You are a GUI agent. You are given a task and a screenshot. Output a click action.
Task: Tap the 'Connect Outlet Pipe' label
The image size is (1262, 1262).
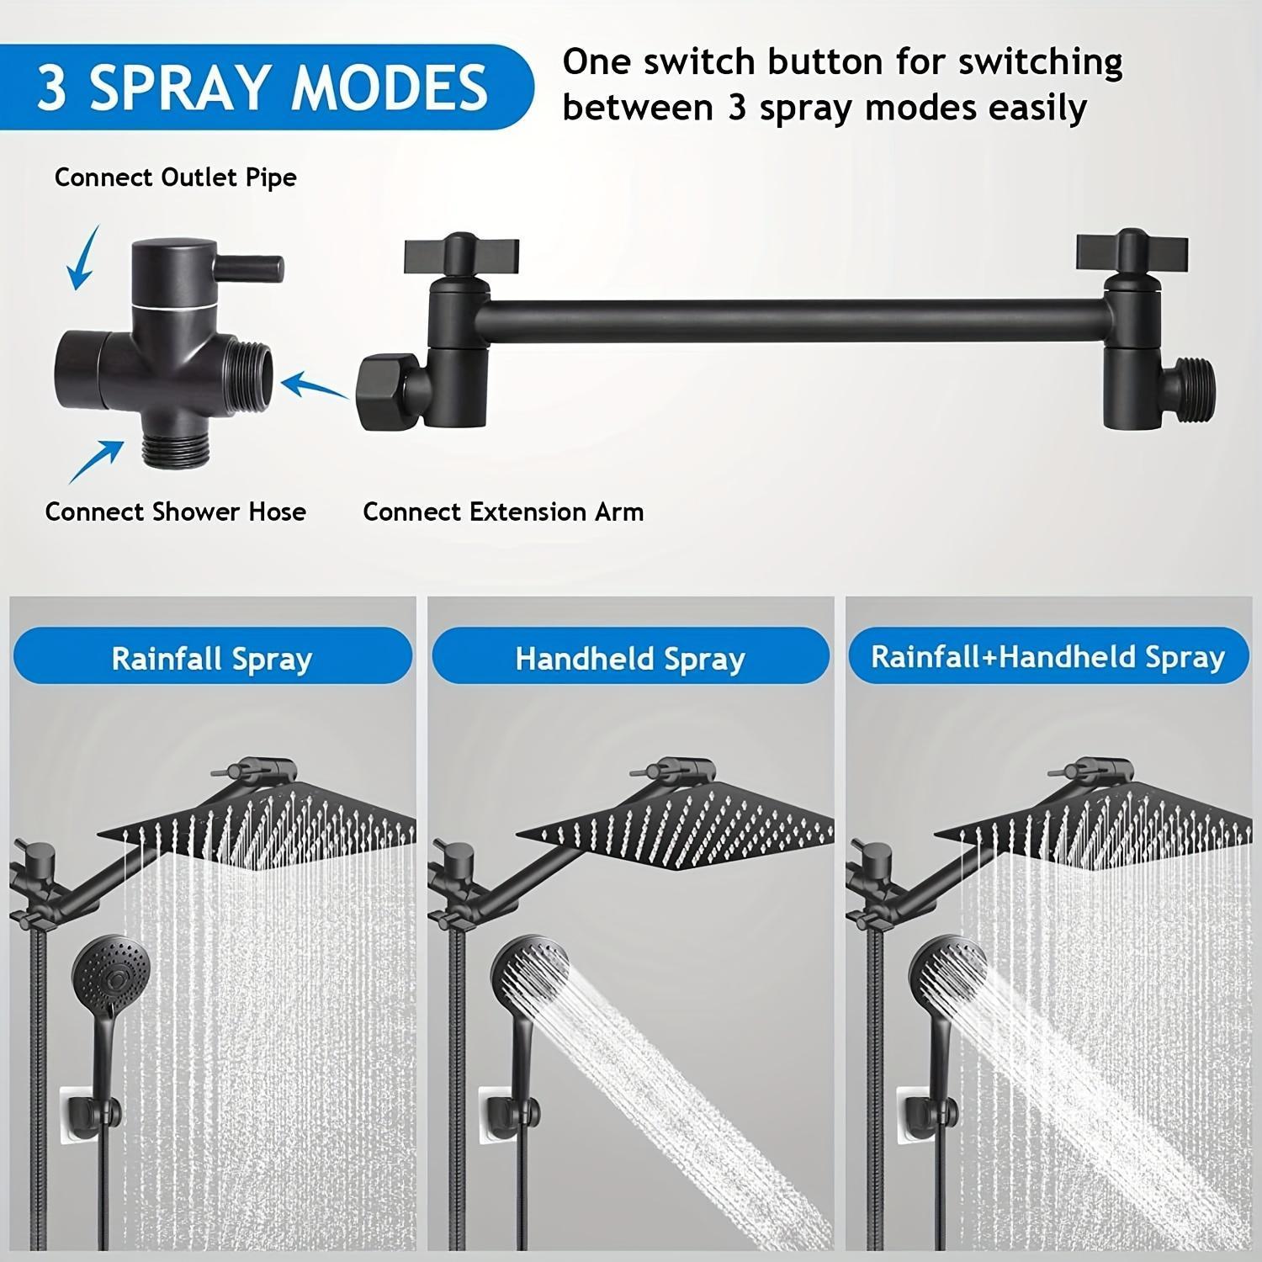pos(175,178)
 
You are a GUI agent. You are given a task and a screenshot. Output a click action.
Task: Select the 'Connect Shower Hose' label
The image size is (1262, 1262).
pos(175,512)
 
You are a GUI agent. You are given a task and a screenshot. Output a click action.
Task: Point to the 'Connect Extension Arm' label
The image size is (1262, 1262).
pos(503,512)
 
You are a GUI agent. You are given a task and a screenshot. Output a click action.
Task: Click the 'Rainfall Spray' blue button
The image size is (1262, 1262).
pos(211,658)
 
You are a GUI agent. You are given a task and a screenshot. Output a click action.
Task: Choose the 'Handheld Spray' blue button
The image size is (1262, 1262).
pos(630,658)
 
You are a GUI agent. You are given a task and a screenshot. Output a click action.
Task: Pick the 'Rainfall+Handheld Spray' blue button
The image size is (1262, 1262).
pos(1047,656)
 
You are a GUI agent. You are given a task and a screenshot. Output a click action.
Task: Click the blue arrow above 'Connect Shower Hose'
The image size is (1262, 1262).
pos(94,461)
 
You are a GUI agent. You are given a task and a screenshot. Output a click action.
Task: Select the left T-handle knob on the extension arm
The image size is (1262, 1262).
pos(461,252)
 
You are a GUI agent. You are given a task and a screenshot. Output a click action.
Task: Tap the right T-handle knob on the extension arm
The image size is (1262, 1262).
pos(1132,250)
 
